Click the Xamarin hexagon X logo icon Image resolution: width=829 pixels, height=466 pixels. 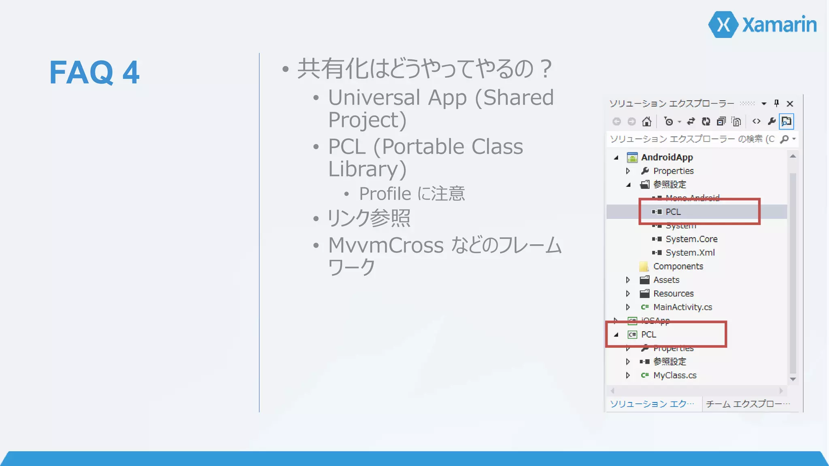tap(723, 25)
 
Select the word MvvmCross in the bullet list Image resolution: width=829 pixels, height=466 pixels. tap(386, 245)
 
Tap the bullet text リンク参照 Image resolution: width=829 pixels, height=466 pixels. tap(369, 218)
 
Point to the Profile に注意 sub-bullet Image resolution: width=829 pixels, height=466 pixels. tap(412, 194)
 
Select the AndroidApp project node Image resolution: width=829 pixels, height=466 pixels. tap(667, 157)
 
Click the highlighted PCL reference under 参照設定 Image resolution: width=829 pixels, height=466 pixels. tap(673, 212)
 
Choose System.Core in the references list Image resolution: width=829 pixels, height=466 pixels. tap(691, 239)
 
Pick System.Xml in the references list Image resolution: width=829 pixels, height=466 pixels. tap(690, 252)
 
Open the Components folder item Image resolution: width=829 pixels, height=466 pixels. tap(678, 266)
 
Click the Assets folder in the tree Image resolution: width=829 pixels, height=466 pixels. tap(666, 280)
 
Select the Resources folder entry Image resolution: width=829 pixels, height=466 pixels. tap(673, 293)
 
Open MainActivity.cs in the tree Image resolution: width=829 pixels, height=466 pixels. tap(682, 307)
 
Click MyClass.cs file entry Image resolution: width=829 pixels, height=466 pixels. tap(674, 375)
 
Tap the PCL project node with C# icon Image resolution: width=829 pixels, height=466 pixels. tap(648, 335)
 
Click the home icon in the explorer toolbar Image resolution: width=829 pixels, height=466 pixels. tap(646, 121)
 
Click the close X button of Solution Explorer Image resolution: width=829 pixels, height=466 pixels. tap(790, 104)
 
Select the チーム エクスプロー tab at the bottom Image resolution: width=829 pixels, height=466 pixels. tap(747, 404)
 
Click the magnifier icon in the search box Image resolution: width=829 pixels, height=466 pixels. tap(784, 139)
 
